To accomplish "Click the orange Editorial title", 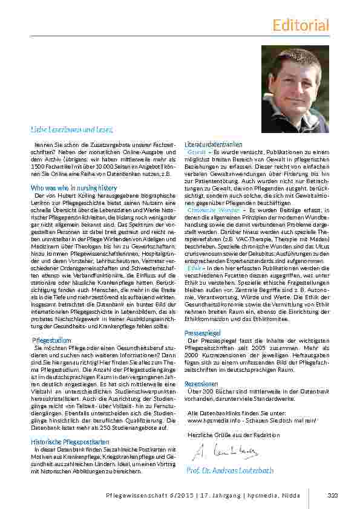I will [301, 25].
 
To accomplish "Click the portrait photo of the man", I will [295, 89].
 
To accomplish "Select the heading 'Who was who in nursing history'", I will [74, 188].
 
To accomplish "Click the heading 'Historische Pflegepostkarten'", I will [70, 442].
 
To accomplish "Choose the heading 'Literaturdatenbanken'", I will [213, 144].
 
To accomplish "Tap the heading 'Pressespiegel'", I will [202, 333].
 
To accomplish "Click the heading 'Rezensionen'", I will [201, 383].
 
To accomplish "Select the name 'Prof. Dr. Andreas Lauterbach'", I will [231, 470].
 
